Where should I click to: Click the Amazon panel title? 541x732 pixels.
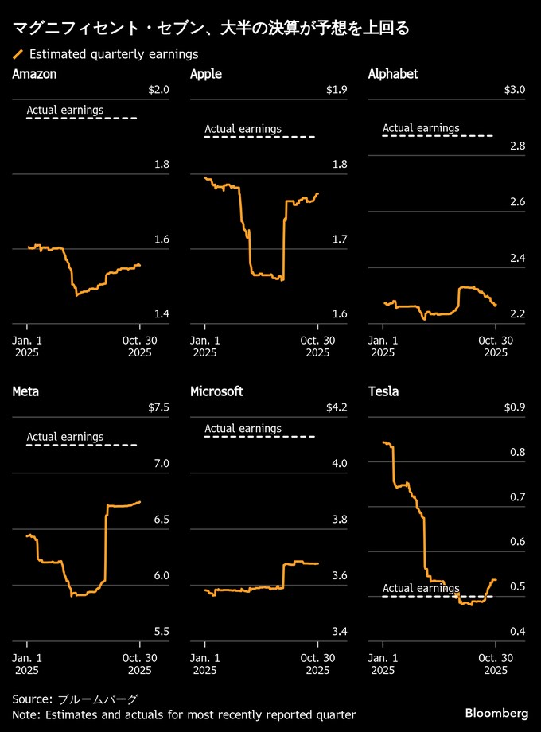tap(34, 74)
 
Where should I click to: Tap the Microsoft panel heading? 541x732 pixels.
tap(216, 391)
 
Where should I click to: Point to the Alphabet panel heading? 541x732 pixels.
tap(393, 74)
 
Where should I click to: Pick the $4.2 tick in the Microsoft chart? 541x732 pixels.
tap(337, 407)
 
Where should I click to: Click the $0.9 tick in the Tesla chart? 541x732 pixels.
tap(515, 407)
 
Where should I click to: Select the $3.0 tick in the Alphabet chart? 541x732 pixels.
tap(515, 89)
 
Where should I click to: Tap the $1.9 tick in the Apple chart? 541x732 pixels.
tap(337, 89)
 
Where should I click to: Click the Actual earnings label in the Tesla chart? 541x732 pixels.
tap(421, 589)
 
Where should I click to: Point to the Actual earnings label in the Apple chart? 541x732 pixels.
tap(243, 128)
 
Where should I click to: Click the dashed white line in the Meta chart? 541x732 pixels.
tap(82, 445)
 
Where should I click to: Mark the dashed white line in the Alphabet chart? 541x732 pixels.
tap(438, 136)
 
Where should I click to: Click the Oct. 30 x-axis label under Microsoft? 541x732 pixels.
tap(317, 664)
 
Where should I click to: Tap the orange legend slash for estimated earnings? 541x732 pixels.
tap(18, 54)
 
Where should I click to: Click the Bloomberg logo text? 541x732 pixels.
tap(496, 711)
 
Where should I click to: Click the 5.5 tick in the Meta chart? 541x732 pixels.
tap(162, 632)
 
